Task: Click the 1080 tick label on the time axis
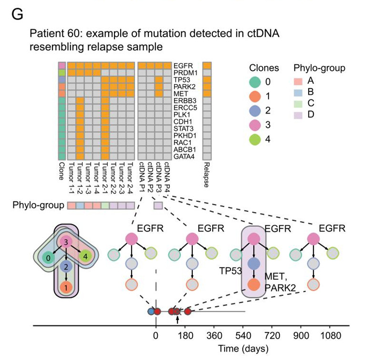click(329, 335)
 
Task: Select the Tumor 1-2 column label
click(80, 179)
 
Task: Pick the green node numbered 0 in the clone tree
click(48, 258)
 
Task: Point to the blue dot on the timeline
click(151, 312)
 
